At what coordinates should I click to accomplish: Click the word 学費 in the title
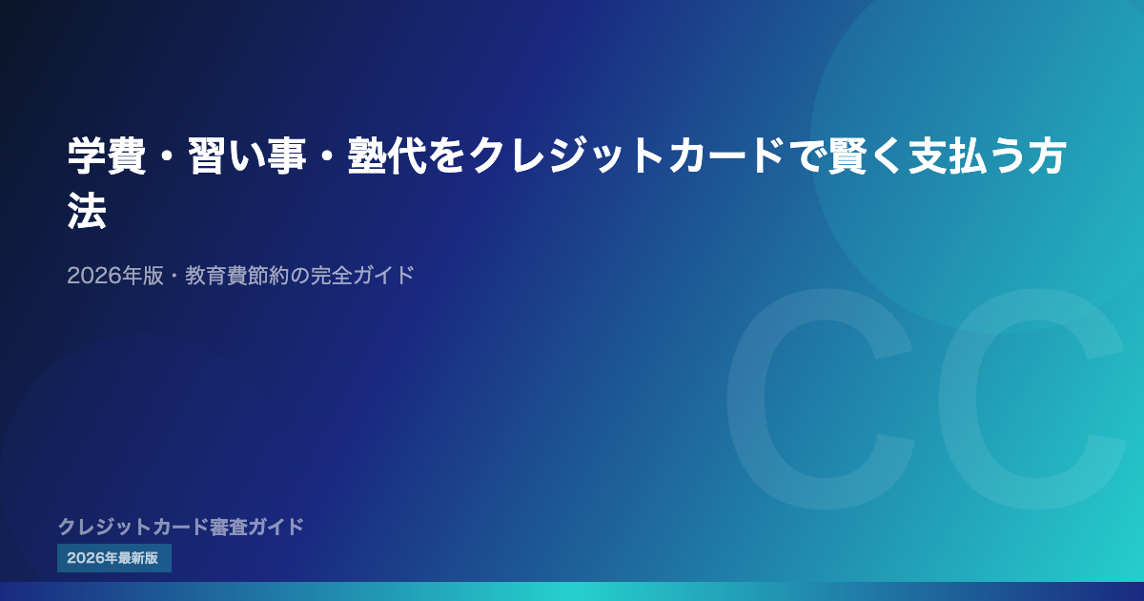click(107, 155)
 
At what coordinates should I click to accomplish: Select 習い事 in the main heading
click(248, 155)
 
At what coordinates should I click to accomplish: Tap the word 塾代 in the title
click(387, 155)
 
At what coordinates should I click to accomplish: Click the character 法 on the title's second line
click(87, 211)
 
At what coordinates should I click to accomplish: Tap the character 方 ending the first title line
click(1047, 155)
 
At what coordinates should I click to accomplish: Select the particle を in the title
click(447, 155)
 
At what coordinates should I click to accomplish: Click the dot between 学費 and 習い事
click(168, 156)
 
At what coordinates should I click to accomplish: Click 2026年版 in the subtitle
click(115, 276)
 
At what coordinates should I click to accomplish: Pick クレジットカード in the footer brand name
click(133, 527)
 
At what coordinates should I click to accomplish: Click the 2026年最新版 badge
click(114, 558)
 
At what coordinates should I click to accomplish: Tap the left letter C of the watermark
click(821, 399)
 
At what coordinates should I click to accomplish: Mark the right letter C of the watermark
click(1032, 399)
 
